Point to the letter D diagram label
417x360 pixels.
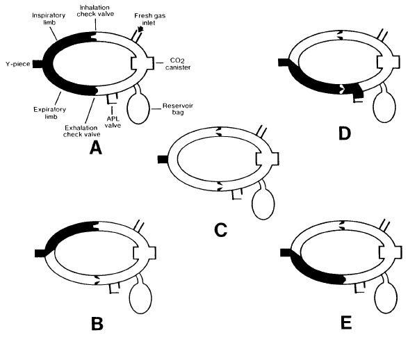pos(343,133)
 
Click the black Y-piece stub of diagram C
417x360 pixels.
pos(163,159)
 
